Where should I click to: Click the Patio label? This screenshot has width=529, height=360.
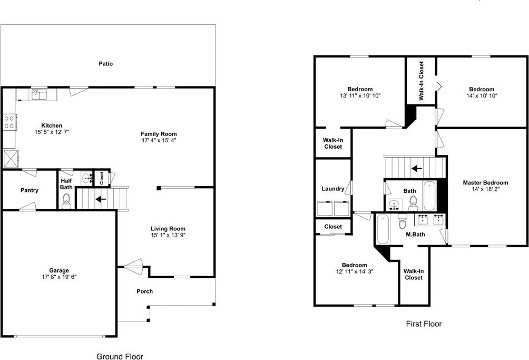[106, 64]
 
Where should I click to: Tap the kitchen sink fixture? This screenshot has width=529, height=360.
[38, 95]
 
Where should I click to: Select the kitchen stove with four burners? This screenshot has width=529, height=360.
[9, 122]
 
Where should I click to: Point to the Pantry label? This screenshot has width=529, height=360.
[29, 190]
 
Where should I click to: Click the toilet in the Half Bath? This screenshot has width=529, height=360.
[66, 200]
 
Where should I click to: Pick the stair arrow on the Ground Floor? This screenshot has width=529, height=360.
[100, 199]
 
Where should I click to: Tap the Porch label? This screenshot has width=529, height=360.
[144, 291]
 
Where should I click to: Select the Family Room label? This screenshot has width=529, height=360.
[159, 134]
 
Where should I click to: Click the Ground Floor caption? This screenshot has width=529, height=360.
[119, 356]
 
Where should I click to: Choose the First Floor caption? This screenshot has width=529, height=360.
[424, 324]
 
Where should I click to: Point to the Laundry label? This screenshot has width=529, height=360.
[332, 189]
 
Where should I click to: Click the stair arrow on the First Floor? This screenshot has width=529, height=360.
[417, 169]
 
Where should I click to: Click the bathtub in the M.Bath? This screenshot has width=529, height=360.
[383, 229]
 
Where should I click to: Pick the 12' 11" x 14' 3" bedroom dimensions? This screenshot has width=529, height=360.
[354, 272]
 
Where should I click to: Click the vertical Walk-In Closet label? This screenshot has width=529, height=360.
[422, 81]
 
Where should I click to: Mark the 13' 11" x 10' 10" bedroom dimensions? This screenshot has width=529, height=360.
[360, 96]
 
